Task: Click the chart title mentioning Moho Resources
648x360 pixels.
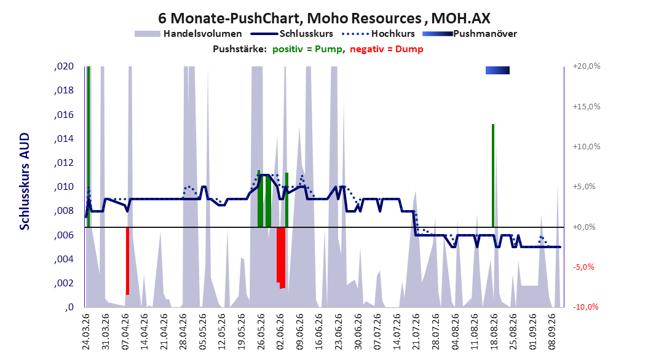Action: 324,18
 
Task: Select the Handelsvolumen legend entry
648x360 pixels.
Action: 189,34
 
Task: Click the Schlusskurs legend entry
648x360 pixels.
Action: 292,34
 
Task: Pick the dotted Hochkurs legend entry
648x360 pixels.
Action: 378,34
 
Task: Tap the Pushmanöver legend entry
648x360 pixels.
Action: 470,34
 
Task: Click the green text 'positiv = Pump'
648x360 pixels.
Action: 307,49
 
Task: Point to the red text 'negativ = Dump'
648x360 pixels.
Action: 387,49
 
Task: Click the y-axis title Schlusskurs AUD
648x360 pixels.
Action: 25,181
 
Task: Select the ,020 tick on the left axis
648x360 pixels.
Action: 64,66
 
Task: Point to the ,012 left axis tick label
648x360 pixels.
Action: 64,163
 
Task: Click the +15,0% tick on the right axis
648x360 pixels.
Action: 587,106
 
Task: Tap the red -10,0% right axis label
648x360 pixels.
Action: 585,307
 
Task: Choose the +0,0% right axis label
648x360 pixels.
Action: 584,227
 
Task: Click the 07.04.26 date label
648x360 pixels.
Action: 125,332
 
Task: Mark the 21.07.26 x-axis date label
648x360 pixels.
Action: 416,332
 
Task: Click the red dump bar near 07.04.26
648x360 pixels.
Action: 128,261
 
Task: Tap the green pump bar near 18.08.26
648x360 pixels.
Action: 493,176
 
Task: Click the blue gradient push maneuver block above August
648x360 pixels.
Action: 497,70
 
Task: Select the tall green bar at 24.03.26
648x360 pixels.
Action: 89,147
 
